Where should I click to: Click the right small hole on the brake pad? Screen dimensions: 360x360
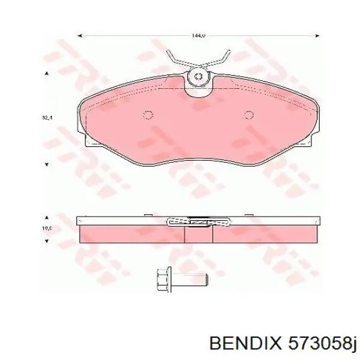point(248,116)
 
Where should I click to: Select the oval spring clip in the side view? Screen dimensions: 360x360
point(198,222)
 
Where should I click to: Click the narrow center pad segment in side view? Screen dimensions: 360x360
point(198,235)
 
